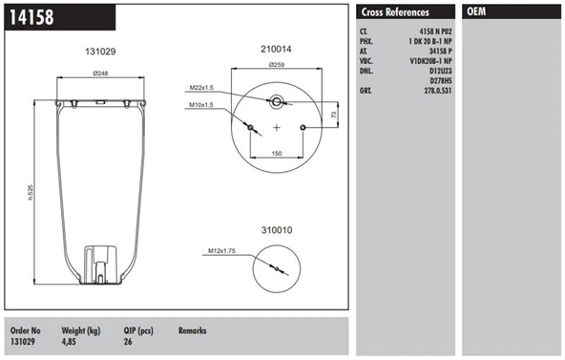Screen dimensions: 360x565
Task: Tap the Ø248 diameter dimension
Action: click(x=101, y=73)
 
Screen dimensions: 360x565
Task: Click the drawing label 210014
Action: click(x=276, y=51)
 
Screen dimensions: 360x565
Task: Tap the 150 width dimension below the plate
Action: click(x=276, y=153)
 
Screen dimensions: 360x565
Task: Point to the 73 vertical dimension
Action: click(x=332, y=114)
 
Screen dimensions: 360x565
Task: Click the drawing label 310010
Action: click(x=276, y=229)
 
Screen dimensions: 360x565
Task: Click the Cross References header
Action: click(x=395, y=12)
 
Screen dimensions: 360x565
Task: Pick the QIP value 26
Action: click(x=129, y=341)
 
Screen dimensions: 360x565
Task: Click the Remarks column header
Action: click(x=192, y=330)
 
